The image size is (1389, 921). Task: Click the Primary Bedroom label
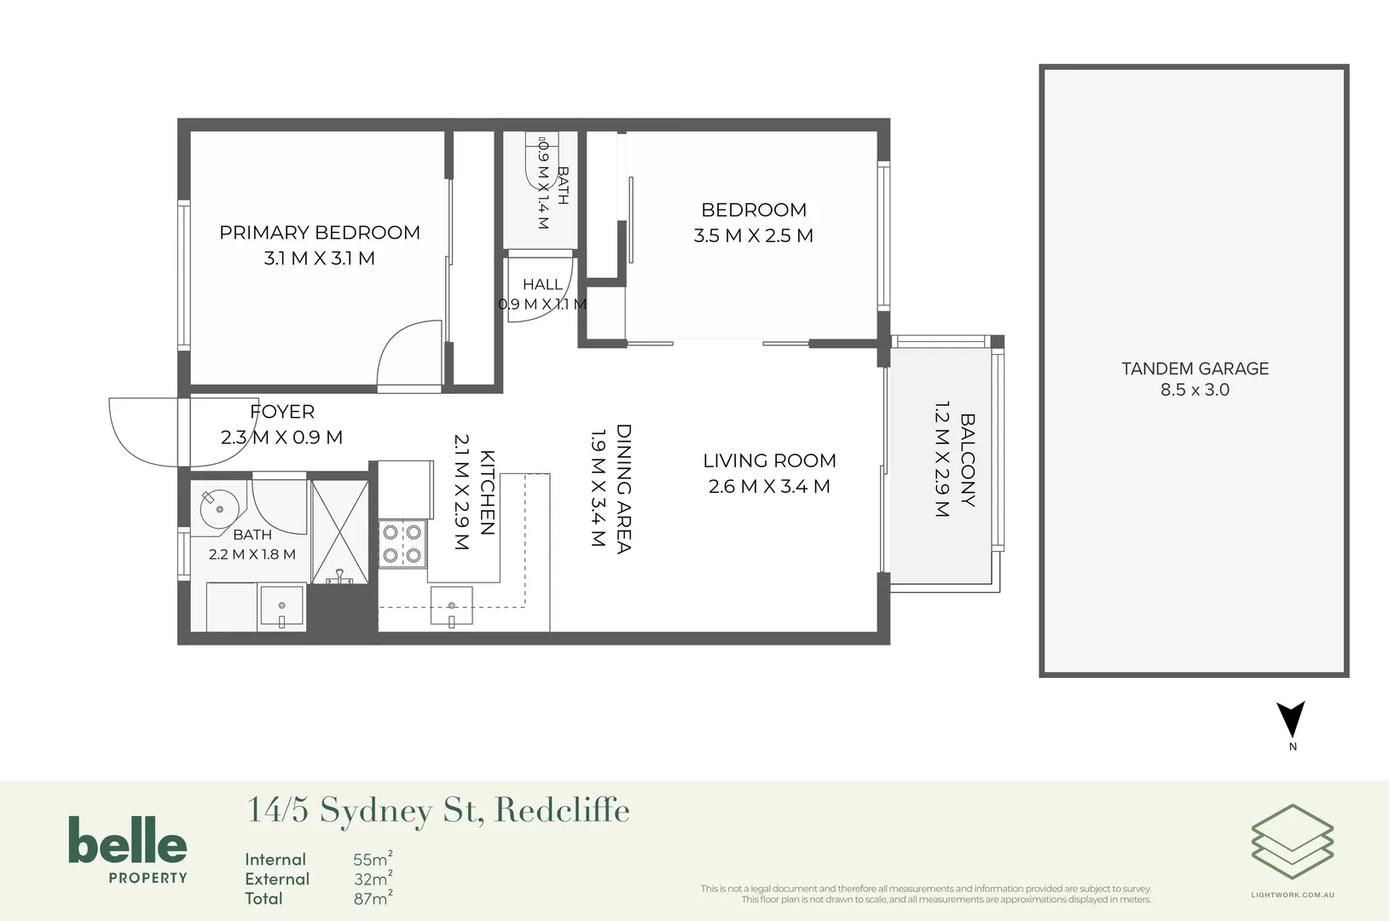[x=320, y=233]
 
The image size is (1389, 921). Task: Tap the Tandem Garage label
[x=1195, y=368]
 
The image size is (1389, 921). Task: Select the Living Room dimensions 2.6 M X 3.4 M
[x=769, y=486]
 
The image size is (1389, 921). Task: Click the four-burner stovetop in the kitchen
[x=402, y=543]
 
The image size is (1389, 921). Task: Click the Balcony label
[x=968, y=460]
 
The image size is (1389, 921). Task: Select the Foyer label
[x=282, y=412]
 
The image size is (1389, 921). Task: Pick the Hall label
[x=542, y=285]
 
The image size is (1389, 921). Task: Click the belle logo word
[x=128, y=840]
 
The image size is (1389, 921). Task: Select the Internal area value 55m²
[x=373, y=859]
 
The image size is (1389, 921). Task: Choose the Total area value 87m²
[x=373, y=898]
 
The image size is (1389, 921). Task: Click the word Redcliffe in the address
[x=562, y=810]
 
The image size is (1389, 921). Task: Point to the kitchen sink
[x=451, y=606]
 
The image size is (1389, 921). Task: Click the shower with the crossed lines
[x=340, y=532]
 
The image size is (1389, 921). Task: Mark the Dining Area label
[x=623, y=489]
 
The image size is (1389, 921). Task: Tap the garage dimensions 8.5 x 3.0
[x=1195, y=390]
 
